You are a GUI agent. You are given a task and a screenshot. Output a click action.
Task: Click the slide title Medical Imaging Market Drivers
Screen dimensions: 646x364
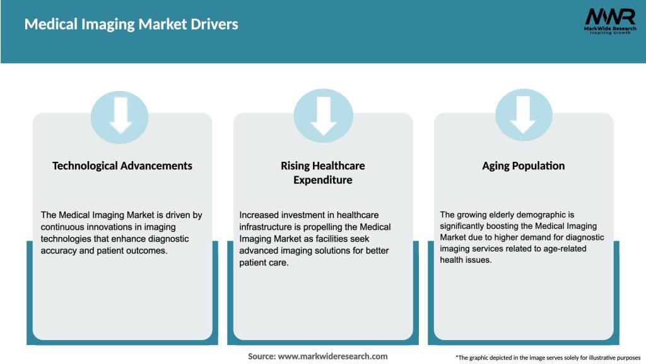pyautogui.click(x=131, y=25)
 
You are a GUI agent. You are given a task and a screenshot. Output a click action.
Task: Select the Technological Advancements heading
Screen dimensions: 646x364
pyautogui.click(x=122, y=166)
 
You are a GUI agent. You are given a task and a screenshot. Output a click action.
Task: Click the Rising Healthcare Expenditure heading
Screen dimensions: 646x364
pyautogui.click(x=323, y=173)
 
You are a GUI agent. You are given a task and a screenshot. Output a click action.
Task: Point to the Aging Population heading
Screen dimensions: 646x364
pyautogui.click(x=524, y=166)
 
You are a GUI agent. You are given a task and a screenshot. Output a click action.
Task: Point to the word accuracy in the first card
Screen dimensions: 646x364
pyautogui.click(x=59, y=251)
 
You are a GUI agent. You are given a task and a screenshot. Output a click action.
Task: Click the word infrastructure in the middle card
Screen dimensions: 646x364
pyautogui.click(x=269, y=227)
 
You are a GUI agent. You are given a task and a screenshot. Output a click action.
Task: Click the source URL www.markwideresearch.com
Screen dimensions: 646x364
pyautogui.click(x=334, y=356)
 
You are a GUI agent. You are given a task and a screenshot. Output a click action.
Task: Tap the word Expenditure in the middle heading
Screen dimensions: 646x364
pyautogui.click(x=323, y=180)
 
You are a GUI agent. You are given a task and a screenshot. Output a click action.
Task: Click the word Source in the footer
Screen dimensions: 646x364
pyautogui.click(x=262, y=356)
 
